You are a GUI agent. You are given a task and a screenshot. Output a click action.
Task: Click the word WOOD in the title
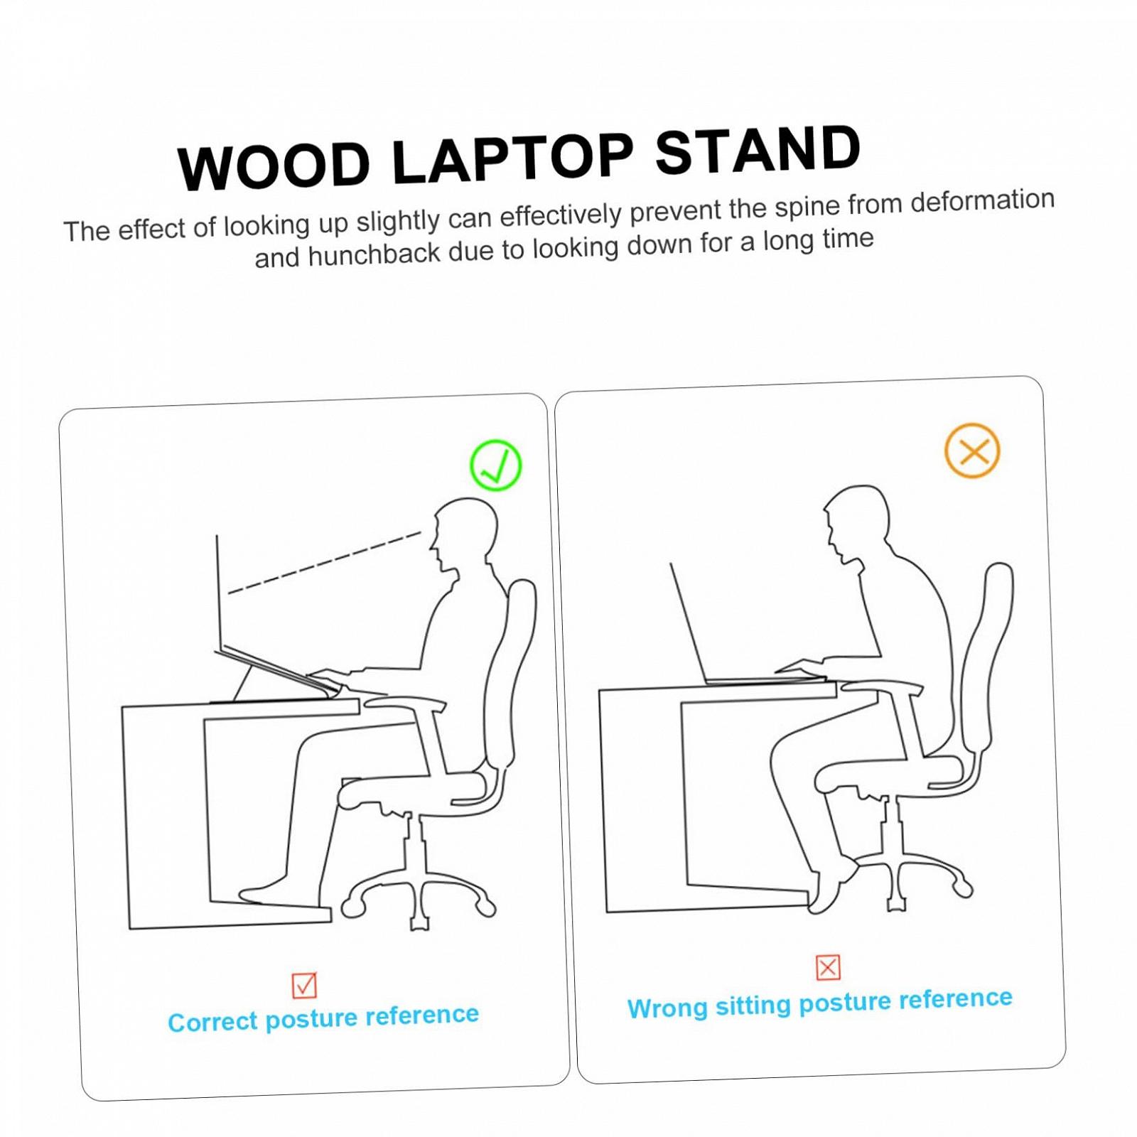coord(274,166)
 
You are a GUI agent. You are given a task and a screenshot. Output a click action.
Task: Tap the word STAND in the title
coord(758,151)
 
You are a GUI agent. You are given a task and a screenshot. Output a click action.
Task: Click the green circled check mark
coord(496,465)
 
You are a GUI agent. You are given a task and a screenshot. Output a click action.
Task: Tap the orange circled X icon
coord(972,451)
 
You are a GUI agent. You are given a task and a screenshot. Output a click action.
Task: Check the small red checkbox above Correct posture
coord(304,985)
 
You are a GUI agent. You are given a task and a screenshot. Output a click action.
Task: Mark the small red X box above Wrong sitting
coord(828,967)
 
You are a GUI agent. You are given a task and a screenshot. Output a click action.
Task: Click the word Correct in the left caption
coord(212,1022)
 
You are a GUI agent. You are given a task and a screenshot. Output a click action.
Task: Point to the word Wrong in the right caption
coord(667,1008)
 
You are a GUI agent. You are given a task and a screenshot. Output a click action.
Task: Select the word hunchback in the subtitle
coord(374,254)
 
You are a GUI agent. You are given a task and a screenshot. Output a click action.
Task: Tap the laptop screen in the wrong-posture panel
coord(689,623)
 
